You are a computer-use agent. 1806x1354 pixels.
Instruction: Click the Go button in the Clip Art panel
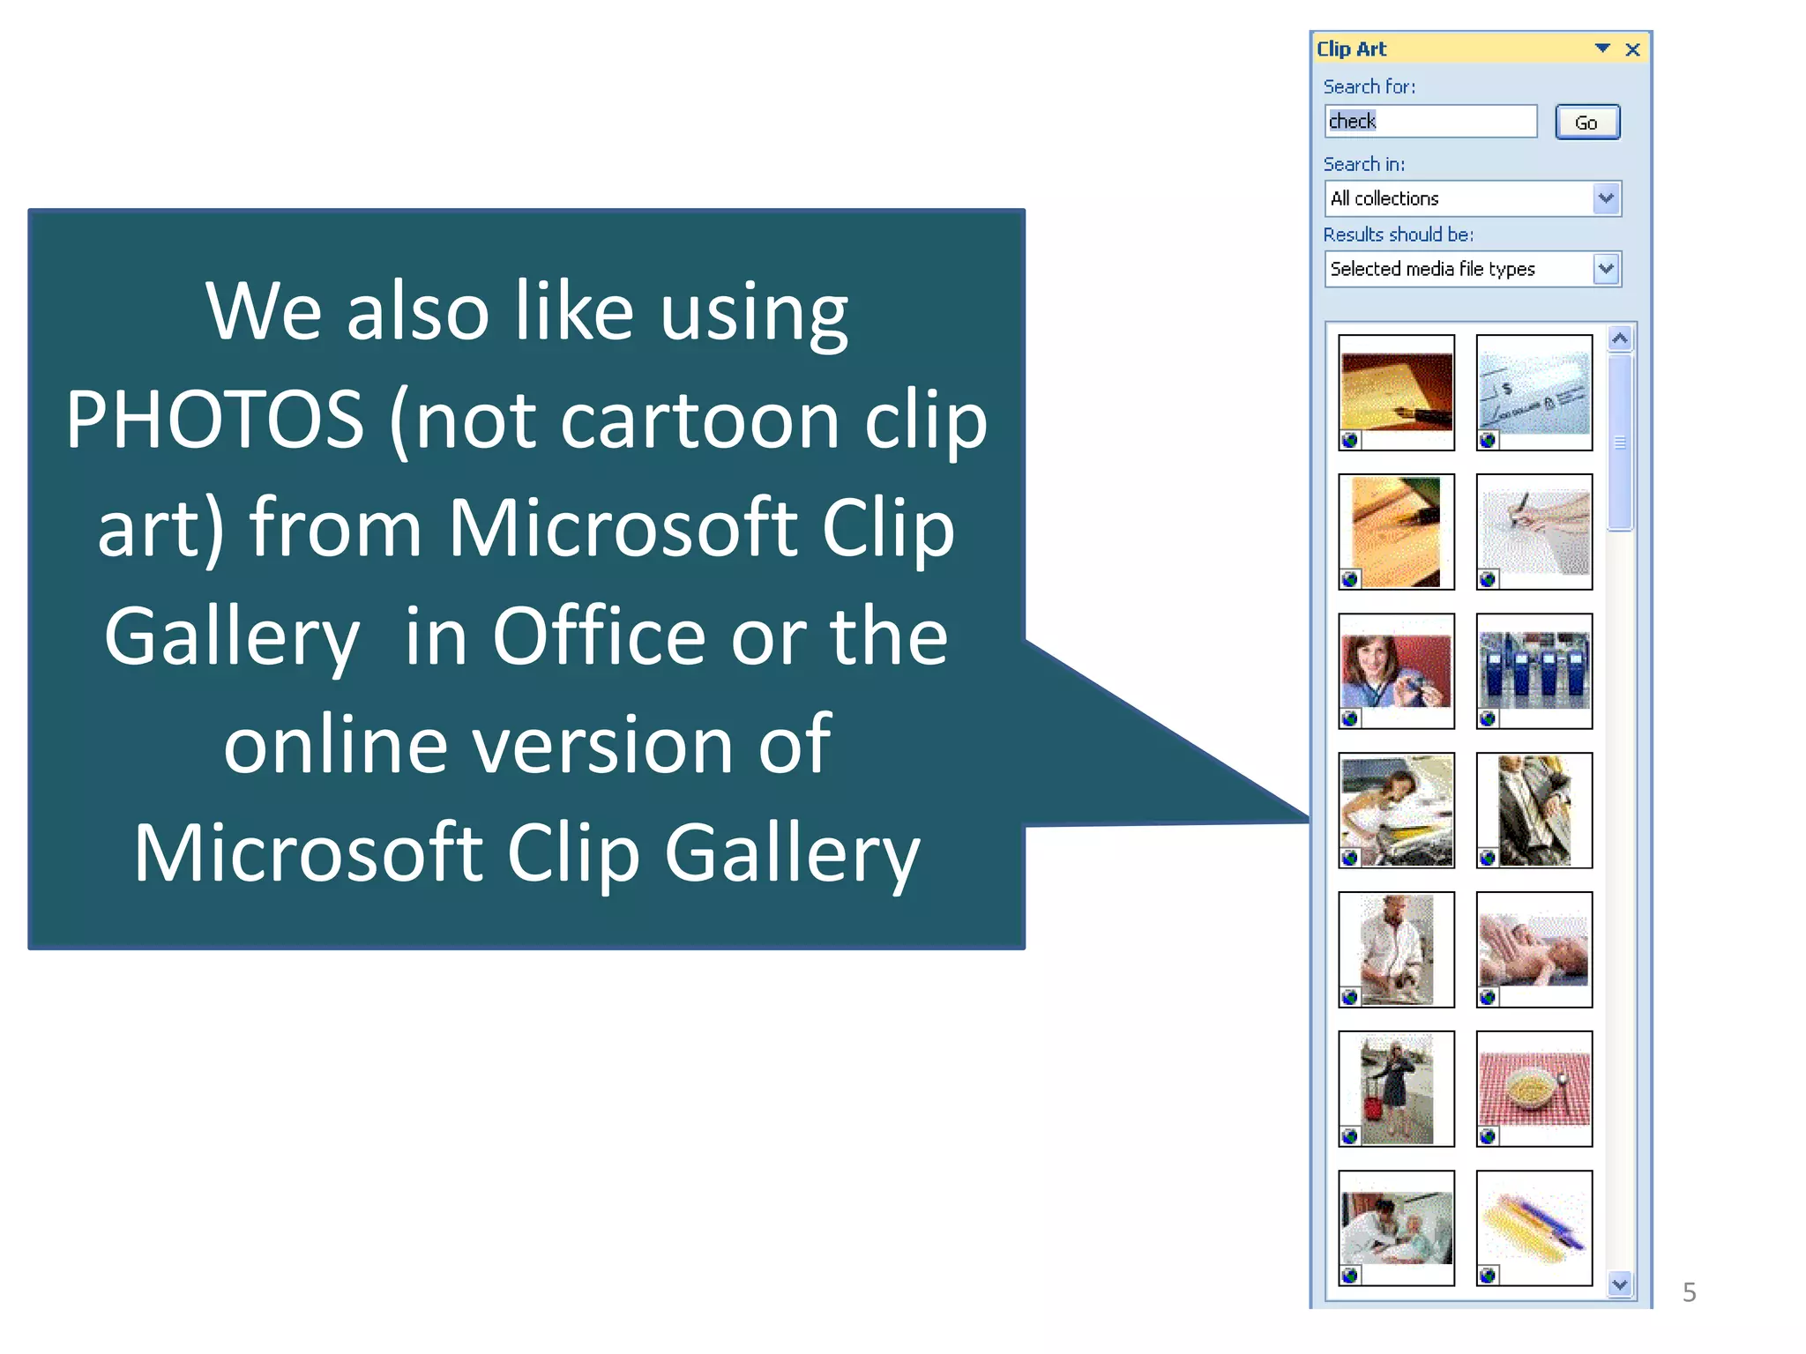tap(1586, 123)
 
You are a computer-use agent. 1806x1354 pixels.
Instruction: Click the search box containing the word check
tap(1429, 122)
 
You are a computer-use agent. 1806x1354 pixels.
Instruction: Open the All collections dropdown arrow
tap(1606, 198)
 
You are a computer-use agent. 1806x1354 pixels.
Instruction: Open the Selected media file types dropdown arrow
tap(1606, 269)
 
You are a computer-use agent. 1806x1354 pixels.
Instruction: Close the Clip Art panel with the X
tap(1632, 50)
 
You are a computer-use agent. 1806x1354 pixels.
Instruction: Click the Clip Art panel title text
tap(1351, 49)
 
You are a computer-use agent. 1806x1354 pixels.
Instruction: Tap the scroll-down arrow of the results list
tap(1619, 1283)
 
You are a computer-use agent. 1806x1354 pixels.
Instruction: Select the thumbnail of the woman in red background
tap(1396, 672)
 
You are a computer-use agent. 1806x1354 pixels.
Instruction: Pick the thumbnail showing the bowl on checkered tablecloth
tap(1534, 1089)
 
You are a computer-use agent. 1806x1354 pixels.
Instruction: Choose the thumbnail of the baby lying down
tap(1534, 949)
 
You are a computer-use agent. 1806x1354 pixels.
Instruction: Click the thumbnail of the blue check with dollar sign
tap(1534, 392)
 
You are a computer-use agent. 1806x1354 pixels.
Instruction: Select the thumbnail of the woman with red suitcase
tap(1396, 1089)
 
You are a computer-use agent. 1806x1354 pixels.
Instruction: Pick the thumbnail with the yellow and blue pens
tap(1534, 1228)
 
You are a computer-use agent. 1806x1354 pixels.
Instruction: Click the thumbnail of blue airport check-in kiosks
tap(1534, 672)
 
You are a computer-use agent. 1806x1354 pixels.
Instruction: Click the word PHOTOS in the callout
tap(215, 420)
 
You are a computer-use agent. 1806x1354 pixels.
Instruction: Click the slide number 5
tap(1689, 1292)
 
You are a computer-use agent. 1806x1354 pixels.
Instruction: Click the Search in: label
tap(1363, 165)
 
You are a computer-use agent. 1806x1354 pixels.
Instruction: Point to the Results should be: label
tap(1398, 234)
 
